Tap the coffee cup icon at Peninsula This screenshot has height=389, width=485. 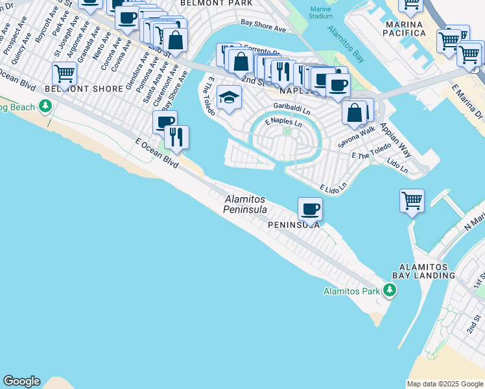coord(310,209)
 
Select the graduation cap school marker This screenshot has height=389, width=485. coord(228,97)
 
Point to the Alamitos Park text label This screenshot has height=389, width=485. coord(351,291)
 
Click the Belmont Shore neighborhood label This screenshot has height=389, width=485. coord(84,89)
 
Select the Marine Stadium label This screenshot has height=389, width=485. coord(320,12)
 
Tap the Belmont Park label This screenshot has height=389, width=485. coord(207,3)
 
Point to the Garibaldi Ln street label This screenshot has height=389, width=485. coord(291,108)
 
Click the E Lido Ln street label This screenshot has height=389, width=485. coord(333,187)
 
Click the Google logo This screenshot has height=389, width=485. coord(21,381)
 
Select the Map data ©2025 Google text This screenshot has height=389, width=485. coord(444,384)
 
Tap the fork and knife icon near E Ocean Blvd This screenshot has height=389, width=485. coord(176,137)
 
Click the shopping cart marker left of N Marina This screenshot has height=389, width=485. coord(412,200)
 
